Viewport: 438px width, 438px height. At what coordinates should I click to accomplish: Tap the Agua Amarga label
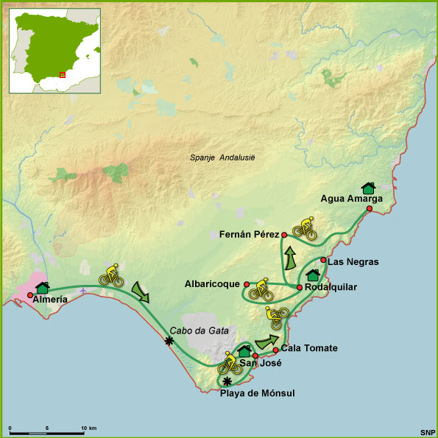[351, 198]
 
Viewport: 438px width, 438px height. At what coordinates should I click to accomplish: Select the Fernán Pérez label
[249, 235]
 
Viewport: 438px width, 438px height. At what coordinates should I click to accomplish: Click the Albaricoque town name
[213, 283]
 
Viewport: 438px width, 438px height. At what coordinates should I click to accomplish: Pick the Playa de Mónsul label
[257, 394]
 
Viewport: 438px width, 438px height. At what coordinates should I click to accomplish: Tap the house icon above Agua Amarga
[367, 188]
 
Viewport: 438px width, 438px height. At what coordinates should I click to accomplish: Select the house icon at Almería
[42, 287]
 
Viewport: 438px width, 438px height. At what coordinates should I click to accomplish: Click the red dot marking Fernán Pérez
[284, 235]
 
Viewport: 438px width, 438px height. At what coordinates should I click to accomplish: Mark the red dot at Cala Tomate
[275, 349]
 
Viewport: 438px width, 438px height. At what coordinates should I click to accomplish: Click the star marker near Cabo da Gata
[170, 340]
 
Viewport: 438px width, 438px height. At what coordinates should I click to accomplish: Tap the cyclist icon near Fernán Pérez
[305, 230]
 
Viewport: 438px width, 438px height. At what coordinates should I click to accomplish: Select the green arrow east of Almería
[141, 292]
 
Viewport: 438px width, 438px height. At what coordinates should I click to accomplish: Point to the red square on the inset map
[62, 74]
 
